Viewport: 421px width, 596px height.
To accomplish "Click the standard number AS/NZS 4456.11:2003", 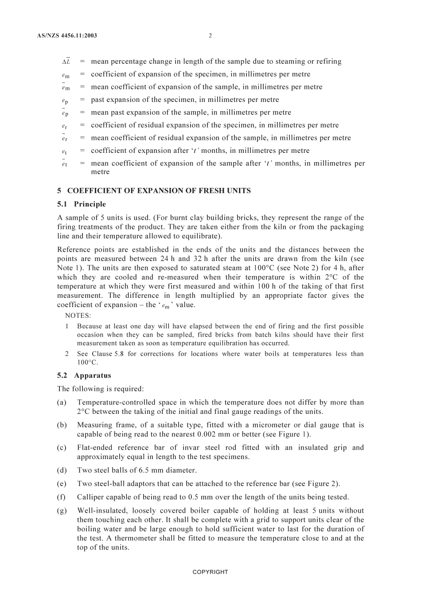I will (x=67, y=35).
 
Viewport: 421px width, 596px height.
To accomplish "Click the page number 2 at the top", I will (x=210, y=35).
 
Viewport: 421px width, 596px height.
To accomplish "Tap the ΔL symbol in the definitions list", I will (x=66, y=62).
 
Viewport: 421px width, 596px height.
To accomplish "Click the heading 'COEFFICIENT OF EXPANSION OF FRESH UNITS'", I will (x=159, y=191).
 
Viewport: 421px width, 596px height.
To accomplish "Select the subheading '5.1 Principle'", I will (x=82, y=204).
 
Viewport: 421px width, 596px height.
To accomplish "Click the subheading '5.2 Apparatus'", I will (x=84, y=375).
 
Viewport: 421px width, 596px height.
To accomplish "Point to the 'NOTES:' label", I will (x=78, y=316).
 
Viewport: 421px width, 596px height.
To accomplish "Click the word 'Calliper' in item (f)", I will (x=91, y=497).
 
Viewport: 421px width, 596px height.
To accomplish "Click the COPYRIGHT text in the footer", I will (x=210, y=572).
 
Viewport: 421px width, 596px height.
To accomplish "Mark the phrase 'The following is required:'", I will (x=100, y=389).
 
